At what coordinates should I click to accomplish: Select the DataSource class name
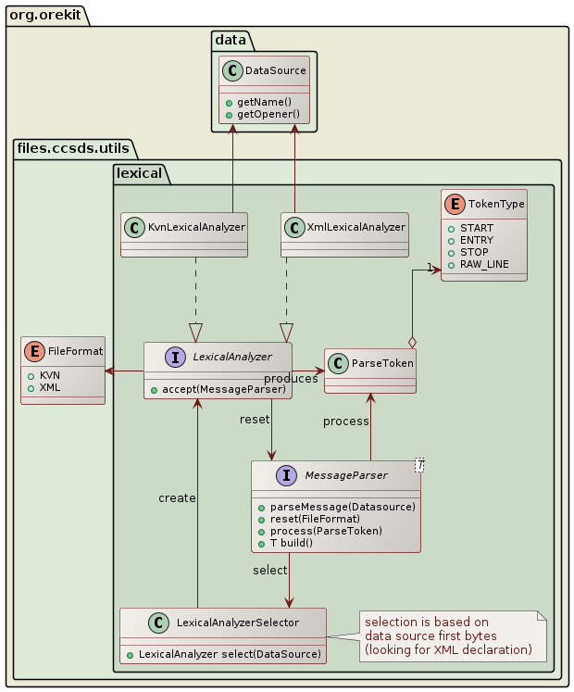271,69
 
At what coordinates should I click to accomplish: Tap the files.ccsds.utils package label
73,147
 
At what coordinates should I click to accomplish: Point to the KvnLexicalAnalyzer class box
184,234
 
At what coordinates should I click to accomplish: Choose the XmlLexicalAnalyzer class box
344,234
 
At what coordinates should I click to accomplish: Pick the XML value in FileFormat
50,387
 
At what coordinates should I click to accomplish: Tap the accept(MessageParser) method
223,389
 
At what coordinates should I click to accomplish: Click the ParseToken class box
369,371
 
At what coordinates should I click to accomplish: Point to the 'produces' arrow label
291,379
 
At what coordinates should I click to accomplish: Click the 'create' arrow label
177,498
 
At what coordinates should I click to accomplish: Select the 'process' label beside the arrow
345,421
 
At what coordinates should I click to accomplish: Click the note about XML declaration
448,635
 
